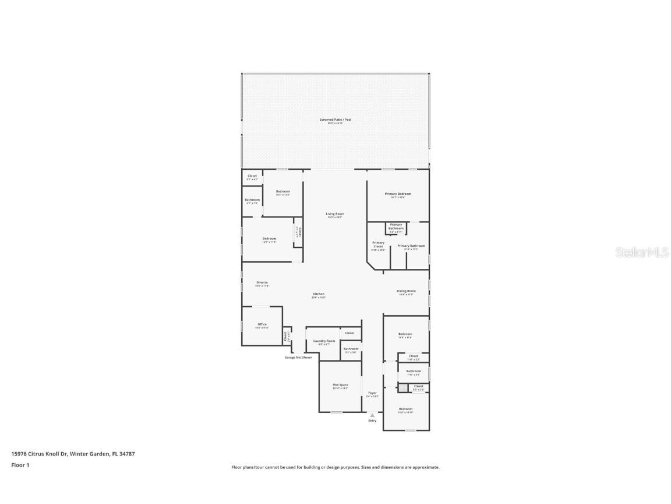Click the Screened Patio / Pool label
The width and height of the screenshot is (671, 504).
coord(335,120)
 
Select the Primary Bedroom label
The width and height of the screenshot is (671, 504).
coord(398,194)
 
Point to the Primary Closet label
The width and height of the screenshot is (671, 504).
coord(378,244)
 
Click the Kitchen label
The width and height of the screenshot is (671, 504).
coord(318,294)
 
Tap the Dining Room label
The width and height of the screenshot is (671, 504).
coord(406,291)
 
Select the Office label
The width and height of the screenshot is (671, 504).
coord(262,324)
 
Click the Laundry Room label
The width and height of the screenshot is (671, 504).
coord(324,341)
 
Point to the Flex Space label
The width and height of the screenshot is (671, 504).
coord(340,385)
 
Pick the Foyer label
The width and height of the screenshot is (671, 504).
coord(372,393)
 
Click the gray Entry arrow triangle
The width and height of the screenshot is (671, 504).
coord(372,415)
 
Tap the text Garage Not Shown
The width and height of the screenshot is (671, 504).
coord(298,358)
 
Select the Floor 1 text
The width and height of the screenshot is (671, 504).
coord(20,465)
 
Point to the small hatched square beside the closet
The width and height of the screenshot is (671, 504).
coord(402,387)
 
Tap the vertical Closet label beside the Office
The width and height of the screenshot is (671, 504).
coord(286,336)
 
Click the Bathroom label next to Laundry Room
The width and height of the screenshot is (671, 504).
coord(351,349)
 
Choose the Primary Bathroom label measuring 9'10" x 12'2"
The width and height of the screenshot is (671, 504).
coord(411,246)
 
